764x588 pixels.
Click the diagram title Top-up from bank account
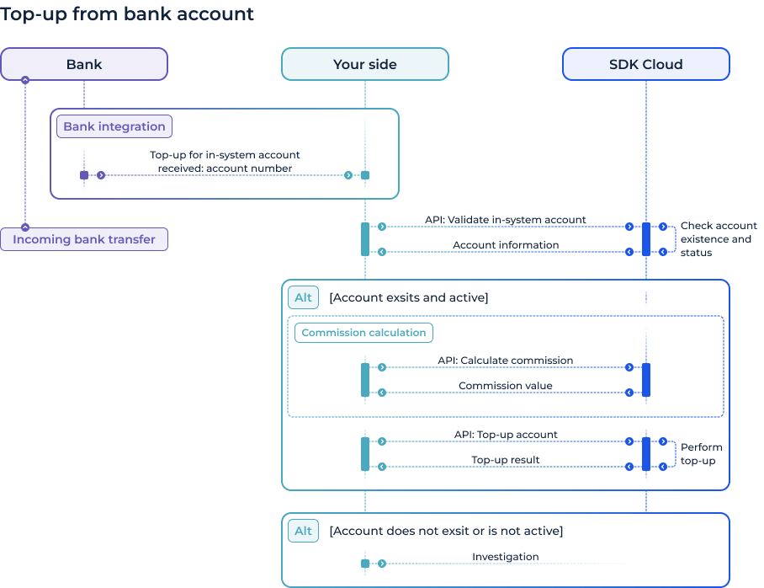click(127, 14)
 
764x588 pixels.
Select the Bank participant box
click(84, 64)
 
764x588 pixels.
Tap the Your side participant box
click(364, 64)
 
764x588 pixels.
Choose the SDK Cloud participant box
click(645, 64)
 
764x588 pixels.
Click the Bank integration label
click(114, 126)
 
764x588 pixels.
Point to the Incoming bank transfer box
click(84, 239)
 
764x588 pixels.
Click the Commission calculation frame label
click(363, 333)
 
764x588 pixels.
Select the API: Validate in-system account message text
click(505, 220)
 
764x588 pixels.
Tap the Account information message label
click(505, 245)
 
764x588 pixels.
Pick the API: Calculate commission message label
click(505, 361)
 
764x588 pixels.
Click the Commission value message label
click(505, 386)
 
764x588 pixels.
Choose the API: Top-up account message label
click(505, 435)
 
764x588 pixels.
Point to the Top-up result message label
click(505, 460)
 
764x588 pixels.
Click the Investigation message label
click(505, 557)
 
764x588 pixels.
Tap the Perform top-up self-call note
click(701, 454)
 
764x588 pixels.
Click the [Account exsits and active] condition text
click(408, 297)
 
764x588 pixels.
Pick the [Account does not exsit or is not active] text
click(446, 531)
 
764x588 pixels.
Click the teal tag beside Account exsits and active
click(303, 297)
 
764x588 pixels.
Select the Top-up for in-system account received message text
click(225, 162)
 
